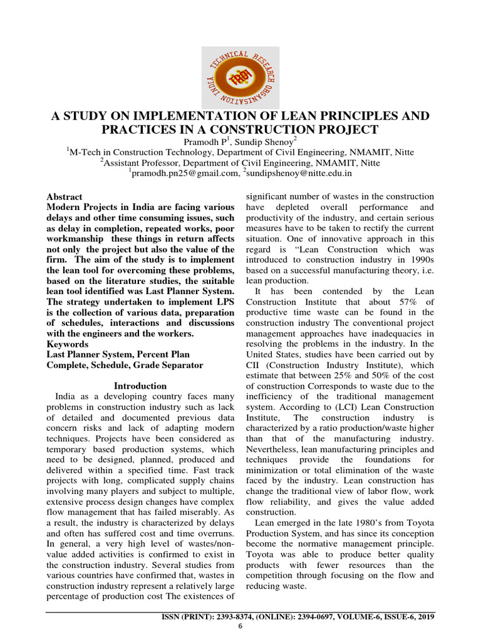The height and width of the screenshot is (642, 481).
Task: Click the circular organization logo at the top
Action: (x=240, y=76)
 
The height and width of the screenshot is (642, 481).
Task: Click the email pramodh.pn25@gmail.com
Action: (x=184, y=172)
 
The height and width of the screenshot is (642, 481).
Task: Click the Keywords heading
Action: (x=67, y=344)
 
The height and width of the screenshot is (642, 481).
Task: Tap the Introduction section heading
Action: (x=140, y=386)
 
